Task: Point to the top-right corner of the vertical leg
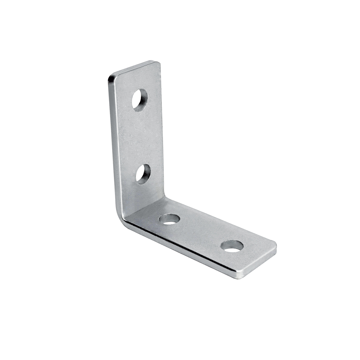tap(159, 63)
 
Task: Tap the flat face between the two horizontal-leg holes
tap(201, 232)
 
